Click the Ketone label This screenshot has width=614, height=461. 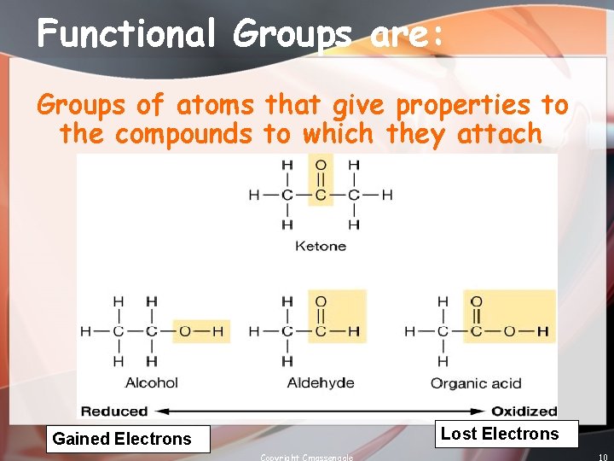(321, 246)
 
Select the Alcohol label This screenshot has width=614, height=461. (152, 383)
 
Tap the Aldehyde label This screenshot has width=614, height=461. (321, 383)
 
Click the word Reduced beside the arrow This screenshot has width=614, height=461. (114, 411)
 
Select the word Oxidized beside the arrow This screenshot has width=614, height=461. (524, 411)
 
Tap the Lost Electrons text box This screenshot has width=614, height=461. (500, 434)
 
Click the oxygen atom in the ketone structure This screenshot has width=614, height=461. (321, 165)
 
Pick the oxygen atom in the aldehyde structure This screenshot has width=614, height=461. (321, 301)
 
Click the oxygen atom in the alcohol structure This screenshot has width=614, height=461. (185, 331)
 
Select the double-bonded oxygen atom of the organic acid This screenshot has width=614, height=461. (477, 301)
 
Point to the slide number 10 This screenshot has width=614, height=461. (602, 457)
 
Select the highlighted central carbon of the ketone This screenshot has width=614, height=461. (321, 195)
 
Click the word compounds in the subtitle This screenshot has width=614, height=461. (183, 133)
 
